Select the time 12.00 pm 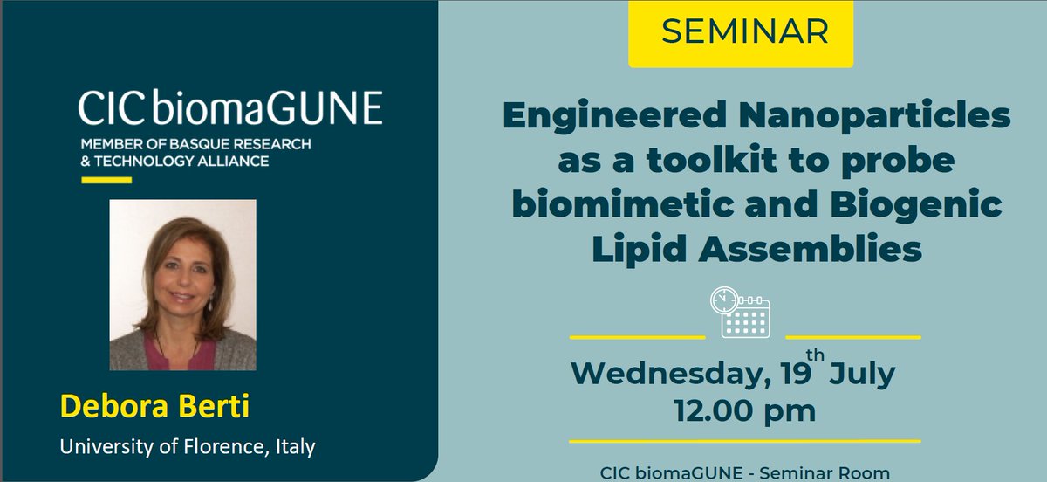pyautogui.click(x=744, y=409)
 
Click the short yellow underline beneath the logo pyautogui.click(x=106, y=180)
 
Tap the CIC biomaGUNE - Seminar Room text pyautogui.click(x=744, y=472)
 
